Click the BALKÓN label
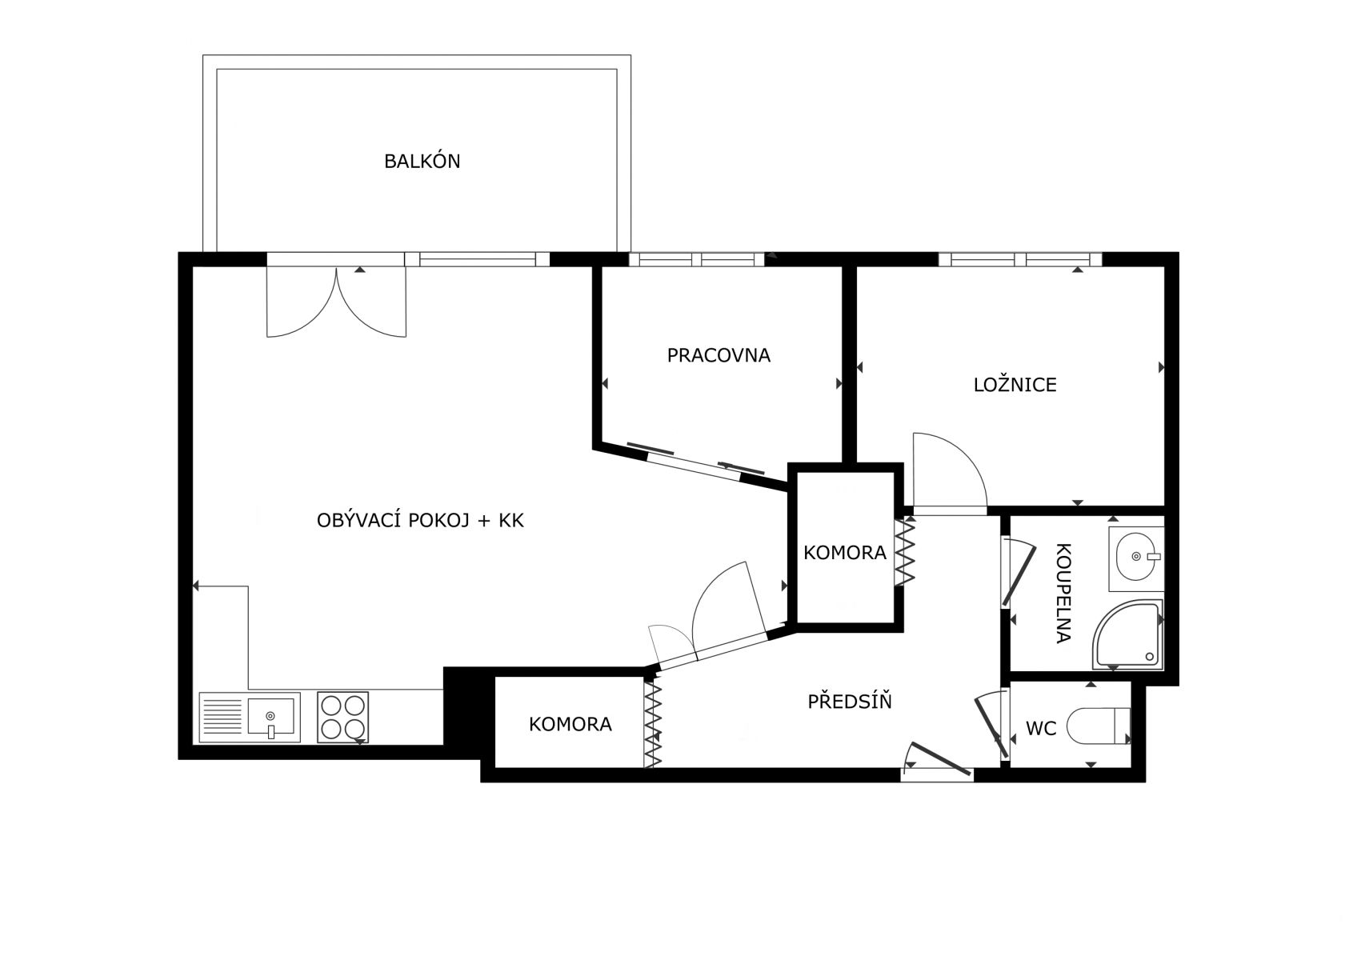(x=422, y=161)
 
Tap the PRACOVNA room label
(x=719, y=355)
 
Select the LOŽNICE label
(x=1015, y=385)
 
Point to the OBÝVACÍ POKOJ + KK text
(x=420, y=520)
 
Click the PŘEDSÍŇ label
(x=850, y=701)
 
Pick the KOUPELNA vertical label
(x=1063, y=593)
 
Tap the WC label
(x=1041, y=728)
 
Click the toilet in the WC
(x=1098, y=726)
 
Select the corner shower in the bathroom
(x=1128, y=634)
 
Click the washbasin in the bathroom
(x=1136, y=558)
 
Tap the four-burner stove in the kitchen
(x=343, y=717)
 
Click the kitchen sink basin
(x=270, y=717)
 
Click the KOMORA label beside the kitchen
(x=570, y=724)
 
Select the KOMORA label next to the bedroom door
(x=844, y=552)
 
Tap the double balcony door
(x=336, y=302)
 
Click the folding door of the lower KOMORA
(x=652, y=725)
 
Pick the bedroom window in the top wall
(x=1020, y=259)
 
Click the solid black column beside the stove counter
(x=463, y=706)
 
